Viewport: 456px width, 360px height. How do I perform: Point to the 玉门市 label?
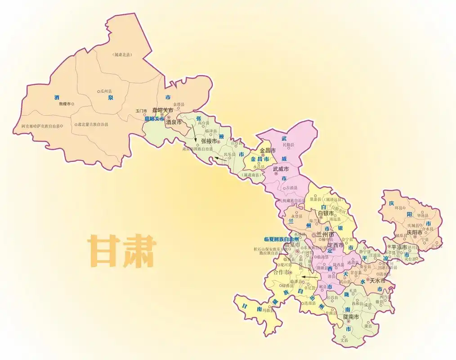141,111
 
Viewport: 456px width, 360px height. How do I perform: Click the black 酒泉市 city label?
174,122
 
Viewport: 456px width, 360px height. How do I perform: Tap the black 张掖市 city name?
209,141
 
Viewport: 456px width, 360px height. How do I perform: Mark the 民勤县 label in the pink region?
288,145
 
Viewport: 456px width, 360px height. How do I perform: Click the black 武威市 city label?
282,169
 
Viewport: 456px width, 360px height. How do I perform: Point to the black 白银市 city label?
326,213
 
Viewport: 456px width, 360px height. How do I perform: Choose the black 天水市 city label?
377,280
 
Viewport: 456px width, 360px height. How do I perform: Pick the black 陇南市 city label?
351,317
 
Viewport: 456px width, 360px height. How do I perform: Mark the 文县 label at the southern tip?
344,340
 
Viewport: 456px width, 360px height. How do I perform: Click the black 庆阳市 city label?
415,233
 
